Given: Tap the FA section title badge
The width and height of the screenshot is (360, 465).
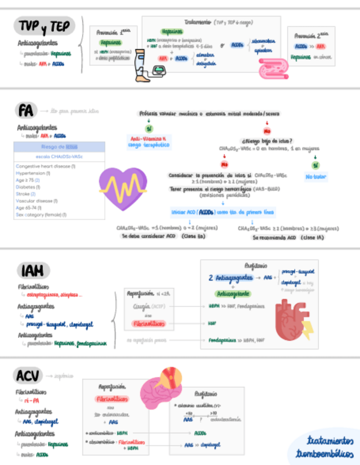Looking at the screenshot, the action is (x=25, y=111).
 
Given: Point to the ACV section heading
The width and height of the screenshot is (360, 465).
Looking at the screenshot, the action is (x=27, y=376).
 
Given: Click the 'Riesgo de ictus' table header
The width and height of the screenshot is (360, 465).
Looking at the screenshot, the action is (x=59, y=147).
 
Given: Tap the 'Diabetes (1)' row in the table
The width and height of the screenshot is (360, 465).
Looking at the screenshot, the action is (x=33, y=186).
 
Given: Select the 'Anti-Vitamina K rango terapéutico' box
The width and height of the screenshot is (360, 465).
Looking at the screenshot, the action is (x=149, y=142).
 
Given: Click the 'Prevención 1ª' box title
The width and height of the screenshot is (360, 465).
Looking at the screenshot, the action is (x=114, y=32).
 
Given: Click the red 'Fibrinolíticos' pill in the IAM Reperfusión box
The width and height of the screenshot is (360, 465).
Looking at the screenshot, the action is (x=148, y=324).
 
